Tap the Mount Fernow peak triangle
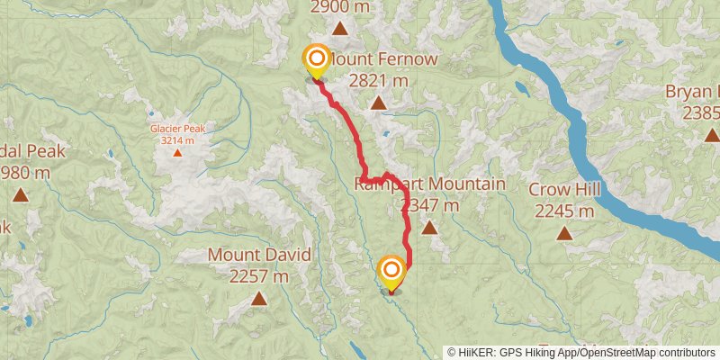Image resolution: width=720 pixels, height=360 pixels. pyautogui.click(x=379, y=103)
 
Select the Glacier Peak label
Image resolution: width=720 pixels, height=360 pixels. pyautogui.click(x=177, y=129)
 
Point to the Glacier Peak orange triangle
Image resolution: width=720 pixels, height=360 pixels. pyautogui.click(x=177, y=152)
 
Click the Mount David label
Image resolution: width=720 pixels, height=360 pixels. pyautogui.click(x=259, y=255)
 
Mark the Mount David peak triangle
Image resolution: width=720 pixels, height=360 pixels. pyautogui.click(x=259, y=298)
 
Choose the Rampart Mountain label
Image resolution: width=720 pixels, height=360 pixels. pyautogui.click(x=429, y=184)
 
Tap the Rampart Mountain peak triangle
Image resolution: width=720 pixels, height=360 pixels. pyautogui.click(x=429, y=228)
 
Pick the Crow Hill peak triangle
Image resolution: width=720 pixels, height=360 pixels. pyautogui.click(x=564, y=233)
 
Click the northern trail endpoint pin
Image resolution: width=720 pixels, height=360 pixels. pyautogui.click(x=317, y=61)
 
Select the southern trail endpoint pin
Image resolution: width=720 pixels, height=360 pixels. pyautogui.click(x=391, y=273)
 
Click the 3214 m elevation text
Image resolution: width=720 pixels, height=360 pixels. pyautogui.click(x=177, y=140)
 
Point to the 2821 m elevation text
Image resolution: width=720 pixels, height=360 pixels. pyautogui.click(x=379, y=81)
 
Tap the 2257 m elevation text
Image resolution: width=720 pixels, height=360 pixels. pyautogui.click(x=259, y=276)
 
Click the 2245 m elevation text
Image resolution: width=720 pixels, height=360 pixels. pyautogui.click(x=564, y=211)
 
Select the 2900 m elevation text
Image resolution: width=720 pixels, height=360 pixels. pyautogui.click(x=340, y=7)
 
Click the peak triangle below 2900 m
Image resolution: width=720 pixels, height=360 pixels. pyautogui.click(x=340, y=29)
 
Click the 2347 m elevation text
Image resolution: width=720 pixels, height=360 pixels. pyautogui.click(x=429, y=206)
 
